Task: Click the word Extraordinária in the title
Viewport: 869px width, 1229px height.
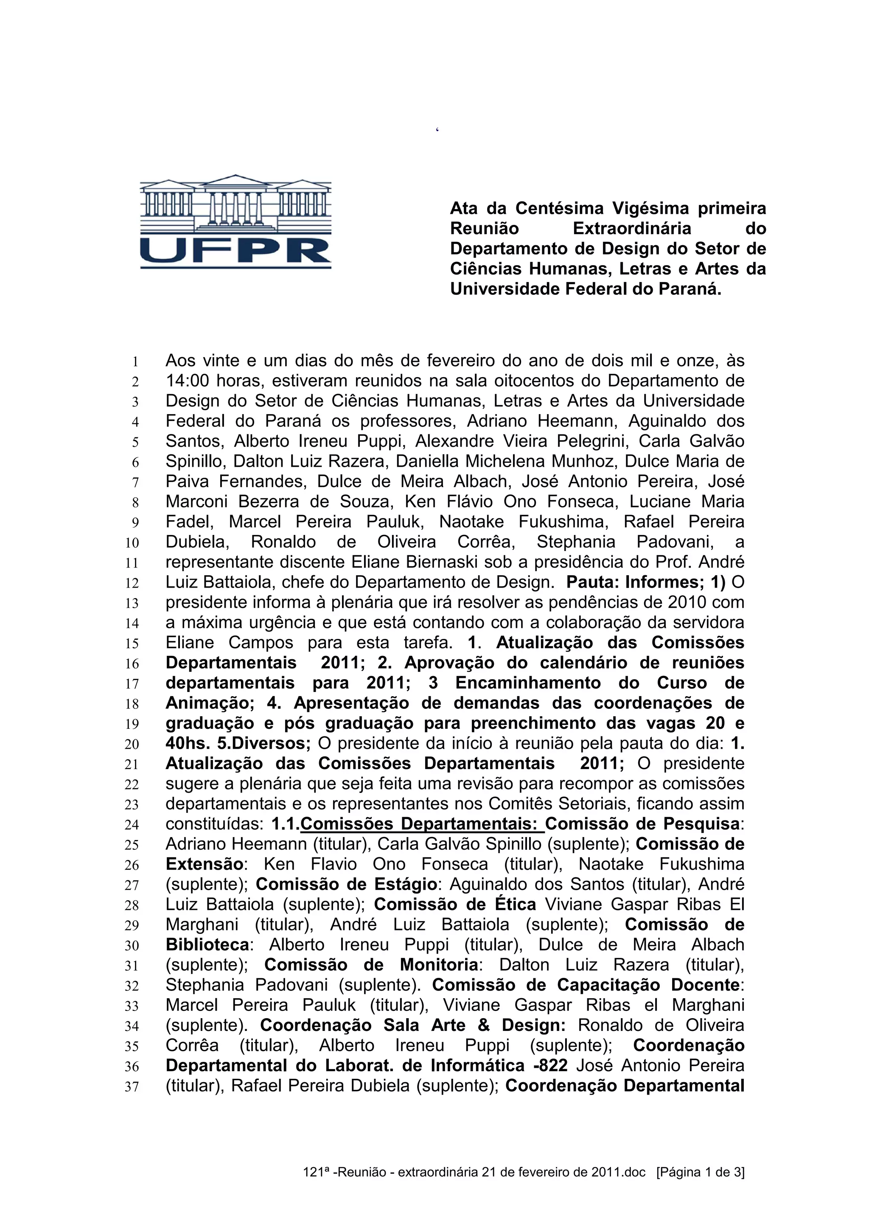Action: (632, 229)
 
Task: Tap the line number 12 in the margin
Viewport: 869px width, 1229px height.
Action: (132, 583)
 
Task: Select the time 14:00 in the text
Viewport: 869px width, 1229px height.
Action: (188, 381)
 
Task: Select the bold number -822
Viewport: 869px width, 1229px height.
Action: (550, 1065)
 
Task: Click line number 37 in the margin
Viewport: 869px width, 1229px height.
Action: (132, 1086)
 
